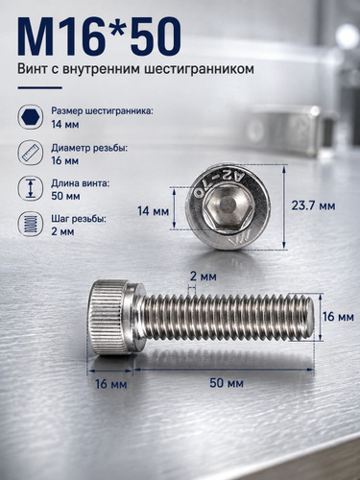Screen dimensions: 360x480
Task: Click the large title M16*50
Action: (x=100, y=36)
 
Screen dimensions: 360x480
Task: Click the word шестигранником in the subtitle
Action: (x=199, y=69)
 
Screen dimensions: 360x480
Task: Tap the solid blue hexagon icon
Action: (x=30, y=117)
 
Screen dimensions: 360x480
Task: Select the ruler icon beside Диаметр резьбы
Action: (x=30, y=153)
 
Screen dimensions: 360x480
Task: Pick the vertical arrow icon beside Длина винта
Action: (x=30, y=188)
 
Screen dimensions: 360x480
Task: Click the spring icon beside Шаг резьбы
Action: (x=30, y=224)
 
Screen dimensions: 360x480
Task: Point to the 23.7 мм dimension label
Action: (x=313, y=205)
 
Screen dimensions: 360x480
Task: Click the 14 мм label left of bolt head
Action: (x=153, y=211)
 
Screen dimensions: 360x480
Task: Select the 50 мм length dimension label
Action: (x=227, y=383)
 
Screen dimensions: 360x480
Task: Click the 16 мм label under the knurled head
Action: (x=111, y=384)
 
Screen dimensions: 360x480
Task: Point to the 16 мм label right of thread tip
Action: (x=338, y=317)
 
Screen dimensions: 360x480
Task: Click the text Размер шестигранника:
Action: (x=103, y=111)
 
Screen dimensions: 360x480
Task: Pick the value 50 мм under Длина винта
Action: (x=65, y=196)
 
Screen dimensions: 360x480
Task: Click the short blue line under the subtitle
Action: (x=39, y=87)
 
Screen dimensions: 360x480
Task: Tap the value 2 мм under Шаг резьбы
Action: (x=62, y=231)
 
